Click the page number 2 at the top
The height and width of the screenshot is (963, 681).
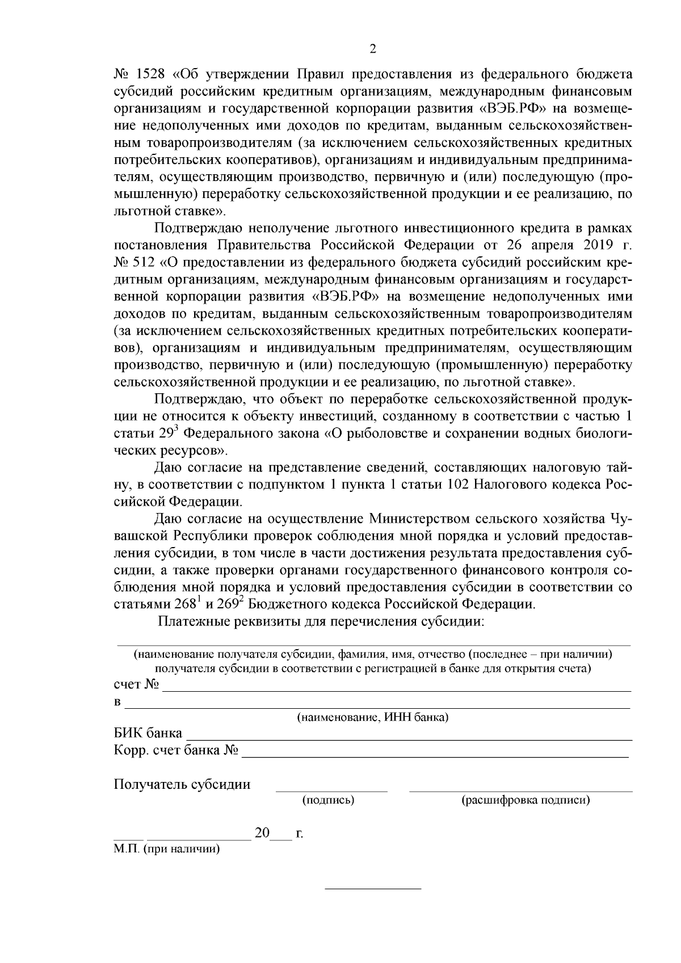(x=373, y=49)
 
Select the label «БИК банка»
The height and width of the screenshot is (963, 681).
(x=148, y=733)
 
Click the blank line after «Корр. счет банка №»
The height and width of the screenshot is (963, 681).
(x=435, y=756)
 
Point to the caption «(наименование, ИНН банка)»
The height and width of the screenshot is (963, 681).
(x=373, y=717)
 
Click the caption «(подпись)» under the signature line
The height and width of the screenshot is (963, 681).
(x=329, y=800)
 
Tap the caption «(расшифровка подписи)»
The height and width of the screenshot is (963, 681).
(x=525, y=800)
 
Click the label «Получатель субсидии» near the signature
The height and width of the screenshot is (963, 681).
(x=182, y=784)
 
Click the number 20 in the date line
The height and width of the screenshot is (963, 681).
(x=262, y=834)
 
